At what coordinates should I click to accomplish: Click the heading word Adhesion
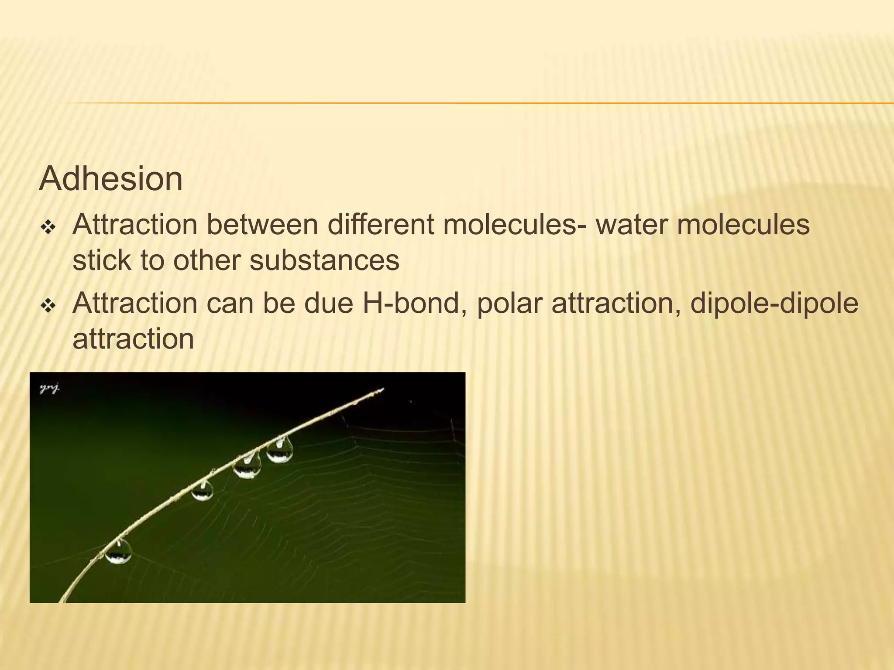pos(111,179)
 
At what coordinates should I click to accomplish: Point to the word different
pos(380,225)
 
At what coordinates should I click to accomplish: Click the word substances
pos(324,260)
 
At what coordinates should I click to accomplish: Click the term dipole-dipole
pos(774,304)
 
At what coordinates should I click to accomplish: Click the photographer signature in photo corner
pos(50,388)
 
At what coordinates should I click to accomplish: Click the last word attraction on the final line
pos(133,339)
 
